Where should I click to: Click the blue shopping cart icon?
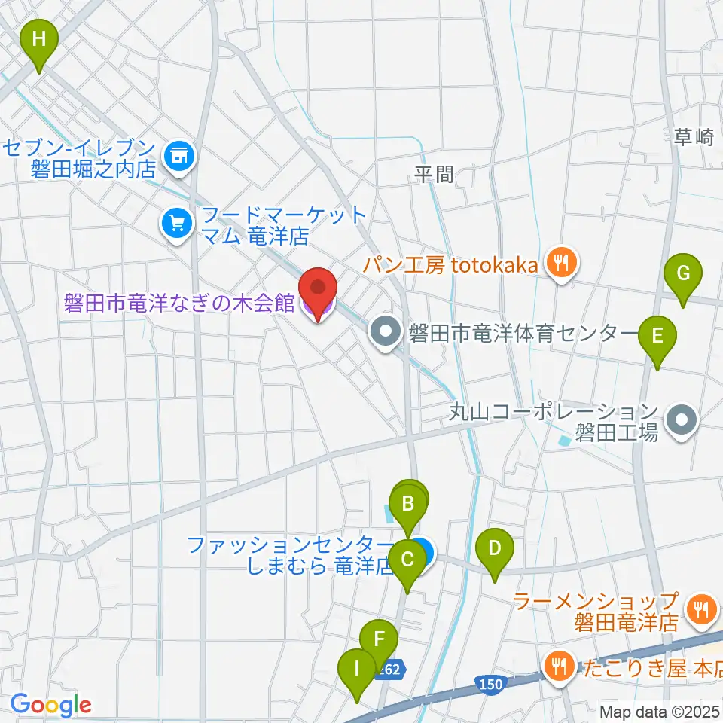tap(177, 224)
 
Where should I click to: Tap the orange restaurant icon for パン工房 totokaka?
tap(560, 264)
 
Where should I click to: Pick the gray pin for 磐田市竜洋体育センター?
tap(386, 331)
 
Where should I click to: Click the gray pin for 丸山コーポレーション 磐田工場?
tap(682, 421)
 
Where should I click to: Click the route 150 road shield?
tap(490, 684)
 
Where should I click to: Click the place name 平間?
tap(435, 175)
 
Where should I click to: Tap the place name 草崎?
tap(693, 137)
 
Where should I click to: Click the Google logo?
tap(50, 705)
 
